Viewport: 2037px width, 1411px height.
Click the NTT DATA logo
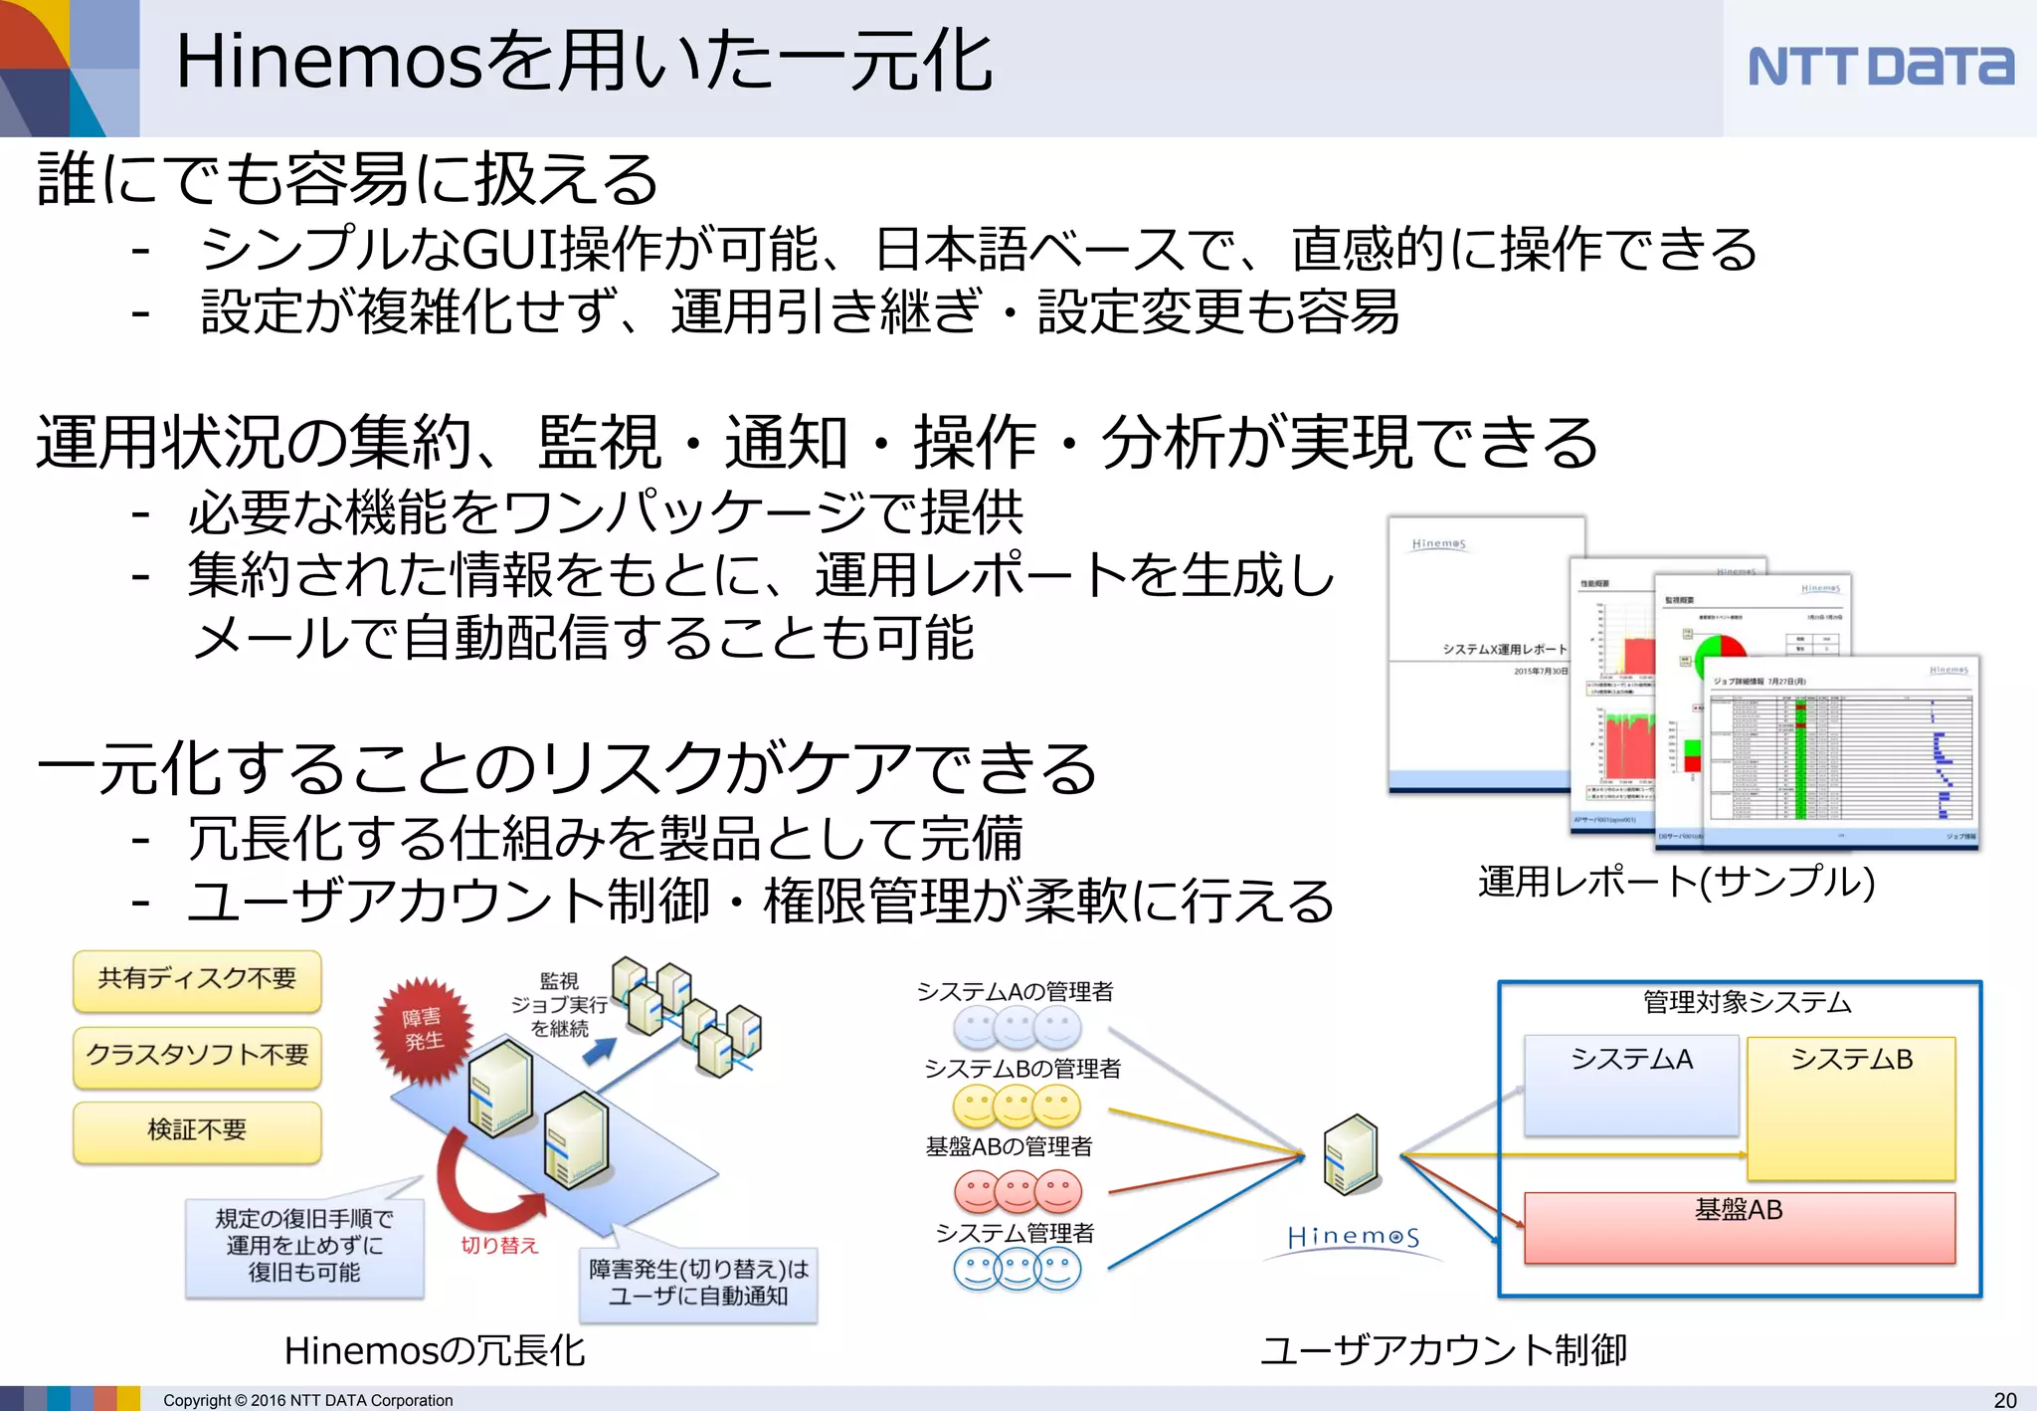pyautogui.click(x=1880, y=67)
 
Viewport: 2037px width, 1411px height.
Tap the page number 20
pyautogui.click(x=2005, y=1399)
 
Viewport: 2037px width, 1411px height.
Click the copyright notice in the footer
pyautogui.click(x=307, y=1400)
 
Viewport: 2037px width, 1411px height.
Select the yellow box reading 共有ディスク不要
pyautogui.click(x=197, y=979)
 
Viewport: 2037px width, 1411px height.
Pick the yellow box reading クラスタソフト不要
pyautogui.click(x=197, y=1055)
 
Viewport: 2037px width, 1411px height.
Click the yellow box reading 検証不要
pyautogui.click(x=197, y=1130)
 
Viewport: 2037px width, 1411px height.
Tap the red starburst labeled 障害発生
pyautogui.click(x=423, y=1030)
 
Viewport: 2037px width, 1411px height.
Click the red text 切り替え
pyautogui.click(x=498, y=1246)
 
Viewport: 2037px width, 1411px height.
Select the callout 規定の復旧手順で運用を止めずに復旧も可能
pyautogui.click(x=303, y=1246)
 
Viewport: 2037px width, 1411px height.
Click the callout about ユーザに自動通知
pyautogui.click(x=698, y=1283)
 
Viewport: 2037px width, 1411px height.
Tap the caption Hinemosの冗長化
pyautogui.click(x=435, y=1350)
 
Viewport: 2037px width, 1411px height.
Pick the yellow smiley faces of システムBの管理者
pyautogui.click(x=1018, y=1106)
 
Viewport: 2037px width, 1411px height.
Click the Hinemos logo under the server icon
pyautogui.click(x=1353, y=1238)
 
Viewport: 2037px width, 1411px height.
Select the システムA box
pyautogui.click(x=1631, y=1085)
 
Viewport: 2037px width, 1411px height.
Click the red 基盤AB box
pyautogui.click(x=1739, y=1228)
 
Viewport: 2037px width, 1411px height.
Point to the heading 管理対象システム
pyautogui.click(x=1747, y=1001)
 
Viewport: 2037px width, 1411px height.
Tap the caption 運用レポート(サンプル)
pyautogui.click(x=1676, y=882)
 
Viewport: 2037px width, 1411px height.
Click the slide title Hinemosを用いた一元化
pyautogui.click(x=584, y=62)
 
